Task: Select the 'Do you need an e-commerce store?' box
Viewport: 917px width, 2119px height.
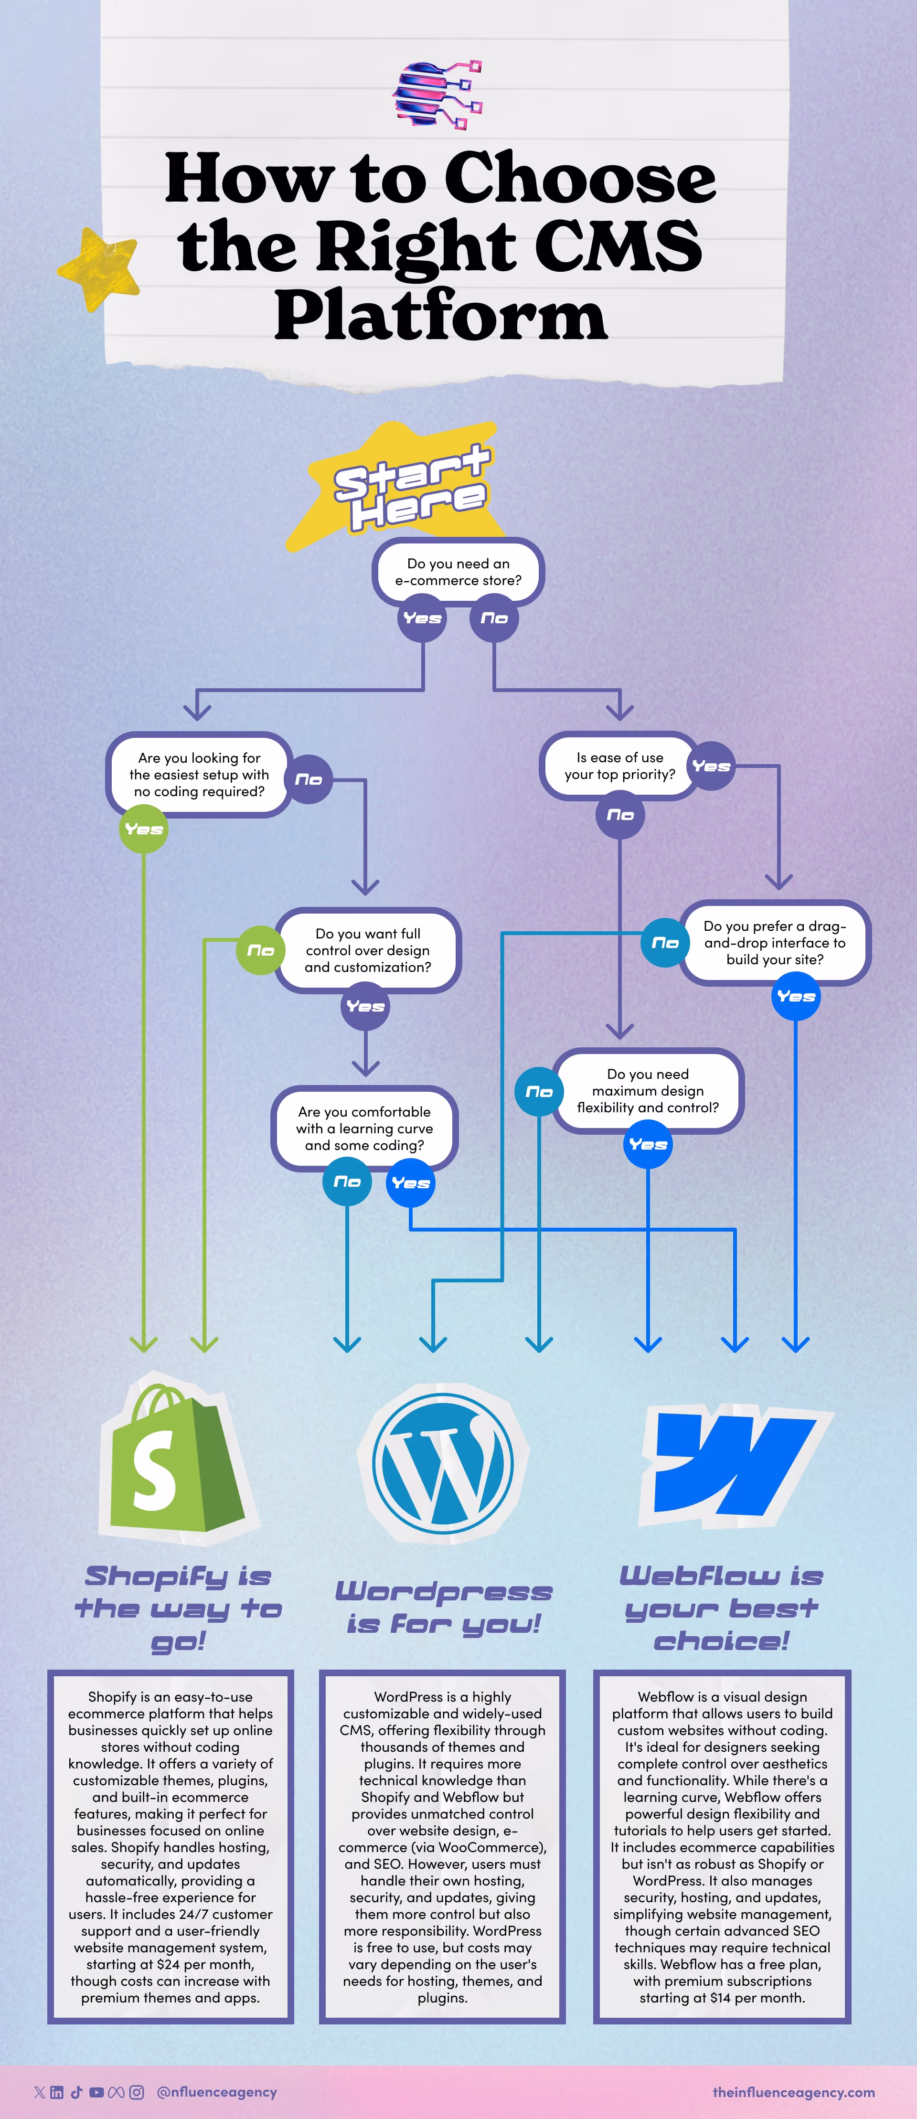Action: (x=458, y=572)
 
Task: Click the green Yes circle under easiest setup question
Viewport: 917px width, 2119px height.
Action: (x=143, y=829)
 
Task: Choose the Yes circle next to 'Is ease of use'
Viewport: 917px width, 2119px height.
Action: (x=711, y=766)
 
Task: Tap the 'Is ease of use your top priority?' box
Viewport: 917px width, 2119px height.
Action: (x=619, y=766)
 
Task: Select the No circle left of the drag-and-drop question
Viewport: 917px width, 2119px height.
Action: (x=664, y=943)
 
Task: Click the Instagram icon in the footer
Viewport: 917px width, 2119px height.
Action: (x=137, y=2092)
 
